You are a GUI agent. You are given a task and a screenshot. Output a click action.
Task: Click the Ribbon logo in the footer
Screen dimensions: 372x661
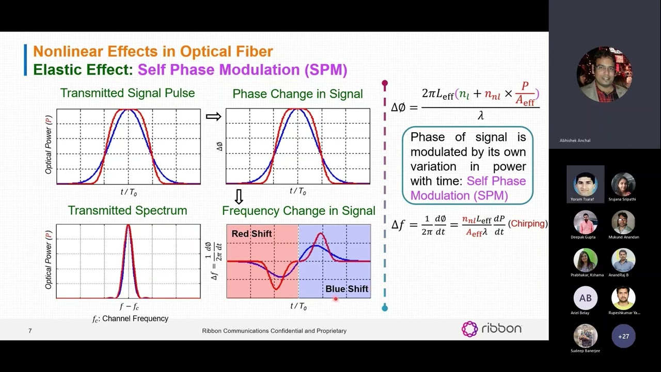(x=491, y=329)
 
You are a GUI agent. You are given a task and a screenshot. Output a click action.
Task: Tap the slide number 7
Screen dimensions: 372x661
(x=30, y=331)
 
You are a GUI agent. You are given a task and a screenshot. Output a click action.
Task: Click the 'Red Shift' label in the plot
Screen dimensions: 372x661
(x=251, y=234)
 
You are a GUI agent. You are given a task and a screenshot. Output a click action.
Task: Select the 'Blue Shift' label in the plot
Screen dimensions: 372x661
(x=347, y=289)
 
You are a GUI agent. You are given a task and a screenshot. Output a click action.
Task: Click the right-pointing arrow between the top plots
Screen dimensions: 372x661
(x=213, y=116)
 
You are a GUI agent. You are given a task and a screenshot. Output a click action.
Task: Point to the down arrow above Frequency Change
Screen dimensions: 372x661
(x=239, y=196)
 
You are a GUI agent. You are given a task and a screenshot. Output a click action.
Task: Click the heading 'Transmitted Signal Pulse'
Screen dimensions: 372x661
(x=128, y=93)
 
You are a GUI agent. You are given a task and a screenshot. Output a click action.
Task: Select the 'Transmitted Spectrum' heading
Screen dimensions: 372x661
(x=128, y=210)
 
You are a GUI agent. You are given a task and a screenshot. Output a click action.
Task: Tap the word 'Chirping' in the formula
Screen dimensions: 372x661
(x=528, y=224)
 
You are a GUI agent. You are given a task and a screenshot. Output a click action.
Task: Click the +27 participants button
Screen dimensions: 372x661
(x=623, y=336)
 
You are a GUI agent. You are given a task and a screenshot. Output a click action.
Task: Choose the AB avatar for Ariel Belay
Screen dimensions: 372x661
(x=586, y=298)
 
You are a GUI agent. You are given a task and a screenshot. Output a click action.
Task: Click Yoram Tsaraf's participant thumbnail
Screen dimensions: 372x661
(x=586, y=184)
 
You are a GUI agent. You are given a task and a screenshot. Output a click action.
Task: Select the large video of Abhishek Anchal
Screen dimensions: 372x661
(x=604, y=75)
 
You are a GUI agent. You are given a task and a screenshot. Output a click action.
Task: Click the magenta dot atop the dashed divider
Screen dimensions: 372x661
(x=385, y=83)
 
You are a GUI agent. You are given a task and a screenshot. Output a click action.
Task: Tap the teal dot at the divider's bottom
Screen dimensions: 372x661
(x=385, y=308)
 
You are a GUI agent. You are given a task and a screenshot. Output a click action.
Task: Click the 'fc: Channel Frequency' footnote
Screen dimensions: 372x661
(x=130, y=319)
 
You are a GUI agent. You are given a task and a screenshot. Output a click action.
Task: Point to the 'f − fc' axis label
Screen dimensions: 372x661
(x=129, y=306)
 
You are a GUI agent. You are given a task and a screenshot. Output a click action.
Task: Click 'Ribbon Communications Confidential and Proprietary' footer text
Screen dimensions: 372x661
(x=274, y=331)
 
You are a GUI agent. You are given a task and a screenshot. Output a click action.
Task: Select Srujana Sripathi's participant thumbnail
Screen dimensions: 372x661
(x=623, y=184)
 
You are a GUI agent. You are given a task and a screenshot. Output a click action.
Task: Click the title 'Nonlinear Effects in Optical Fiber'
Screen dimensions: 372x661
(x=153, y=52)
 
